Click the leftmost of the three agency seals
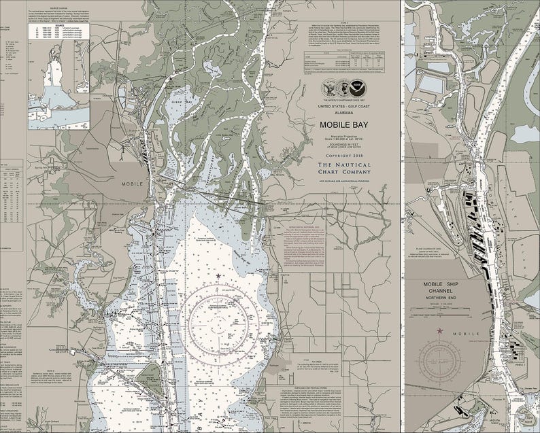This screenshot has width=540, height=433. (x=329, y=88)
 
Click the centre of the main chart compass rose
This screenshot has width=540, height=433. (x=218, y=315)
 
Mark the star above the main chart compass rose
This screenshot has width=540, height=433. (x=218, y=275)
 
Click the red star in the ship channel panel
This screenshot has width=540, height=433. (x=440, y=331)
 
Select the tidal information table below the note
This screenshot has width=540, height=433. (x=344, y=60)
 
